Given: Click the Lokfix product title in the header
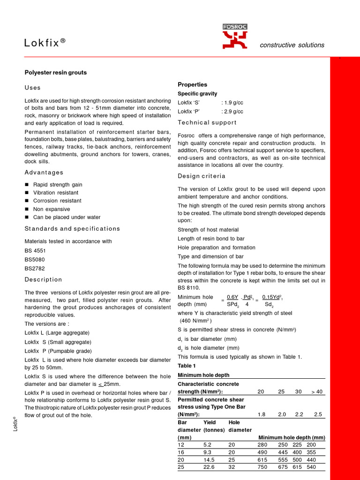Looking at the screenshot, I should coord(45,43).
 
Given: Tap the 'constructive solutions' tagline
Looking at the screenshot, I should coord(292,45).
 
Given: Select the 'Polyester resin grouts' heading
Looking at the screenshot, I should coord(55,73).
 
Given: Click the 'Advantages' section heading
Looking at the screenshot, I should coord(44,172).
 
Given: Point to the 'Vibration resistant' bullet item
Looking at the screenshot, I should coord(56,193).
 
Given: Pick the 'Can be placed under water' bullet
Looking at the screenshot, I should coord(67,217).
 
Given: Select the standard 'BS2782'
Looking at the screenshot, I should coord(34,268).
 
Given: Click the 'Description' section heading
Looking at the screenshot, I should coord(43,279).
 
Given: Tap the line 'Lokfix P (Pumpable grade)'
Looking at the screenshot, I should coord(58,351).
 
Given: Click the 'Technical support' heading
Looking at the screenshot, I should coord(207,122).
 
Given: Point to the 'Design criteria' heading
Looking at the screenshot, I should coord(202,176).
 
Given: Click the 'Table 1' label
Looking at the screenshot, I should coord(187,366).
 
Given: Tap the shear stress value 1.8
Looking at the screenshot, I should coord(262,415).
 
